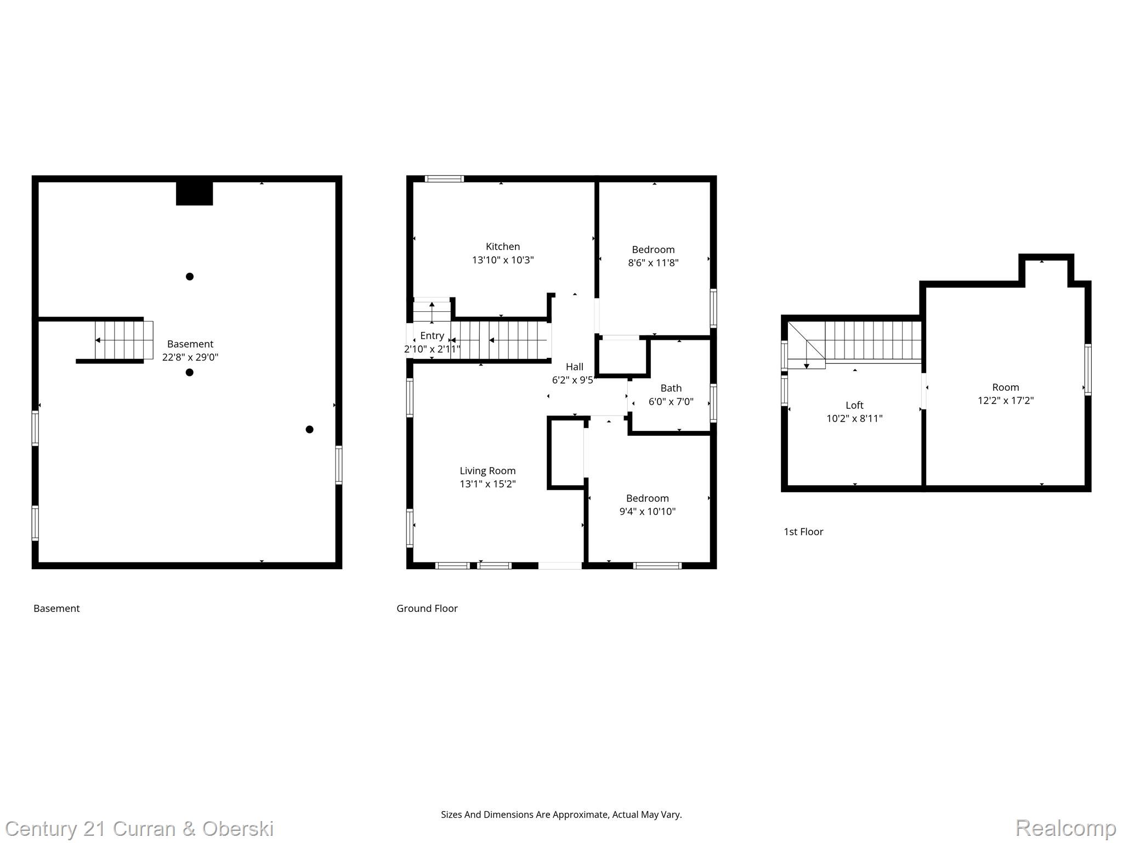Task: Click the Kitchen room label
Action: (x=502, y=246)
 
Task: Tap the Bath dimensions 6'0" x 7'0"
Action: (x=671, y=402)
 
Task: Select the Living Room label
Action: (x=487, y=470)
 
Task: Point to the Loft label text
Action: (x=854, y=405)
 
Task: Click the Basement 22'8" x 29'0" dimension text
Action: (x=190, y=357)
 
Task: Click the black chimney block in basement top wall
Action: (x=194, y=194)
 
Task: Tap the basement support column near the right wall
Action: (x=309, y=429)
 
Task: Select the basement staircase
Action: (x=123, y=340)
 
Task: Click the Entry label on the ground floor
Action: (x=432, y=335)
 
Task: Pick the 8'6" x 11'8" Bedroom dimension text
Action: (x=653, y=263)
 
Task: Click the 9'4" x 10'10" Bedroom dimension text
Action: (x=647, y=512)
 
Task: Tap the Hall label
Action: (x=574, y=367)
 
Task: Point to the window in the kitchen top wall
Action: (x=444, y=178)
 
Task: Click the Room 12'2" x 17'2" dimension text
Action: (x=1005, y=401)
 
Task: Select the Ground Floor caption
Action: (x=427, y=608)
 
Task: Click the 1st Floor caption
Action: (x=803, y=531)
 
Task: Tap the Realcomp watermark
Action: (x=1065, y=828)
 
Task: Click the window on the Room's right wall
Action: (x=1087, y=369)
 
